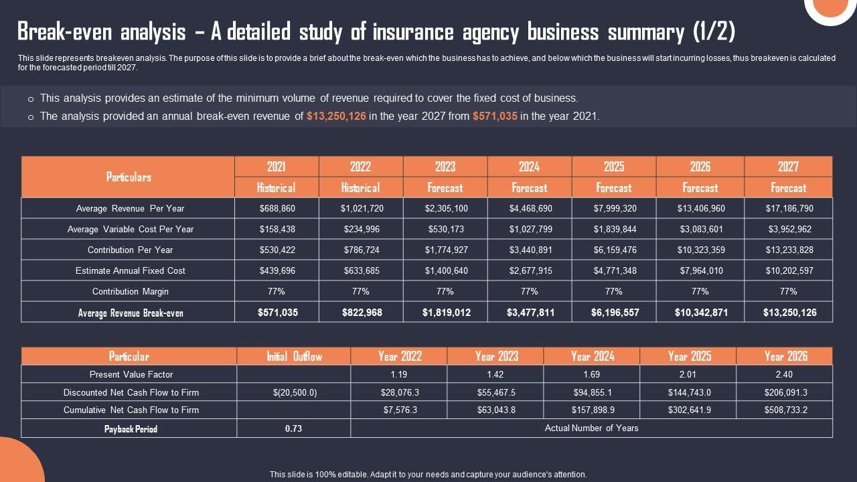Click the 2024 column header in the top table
[x=529, y=167]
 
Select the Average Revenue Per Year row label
[x=130, y=208]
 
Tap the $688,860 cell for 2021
[x=277, y=208]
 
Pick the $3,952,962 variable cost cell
[x=788, y=229]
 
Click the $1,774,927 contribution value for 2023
[x=445, y=250]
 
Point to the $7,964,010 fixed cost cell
[x=700, y=270]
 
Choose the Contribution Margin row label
[x=130, y=291]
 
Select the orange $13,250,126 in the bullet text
[x=336, y=116]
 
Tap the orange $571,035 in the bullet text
[x=495, y=116]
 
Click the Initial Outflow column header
[x=294, y=356]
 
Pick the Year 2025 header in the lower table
[x=688, y=356]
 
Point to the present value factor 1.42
[x=495, y=374]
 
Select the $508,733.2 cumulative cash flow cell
[x=784, y=410]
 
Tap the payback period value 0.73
[x=293, y=428]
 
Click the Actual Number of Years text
[x=591, y=428]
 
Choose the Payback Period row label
[x=130, y=428]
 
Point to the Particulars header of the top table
[x=129, y=177]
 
